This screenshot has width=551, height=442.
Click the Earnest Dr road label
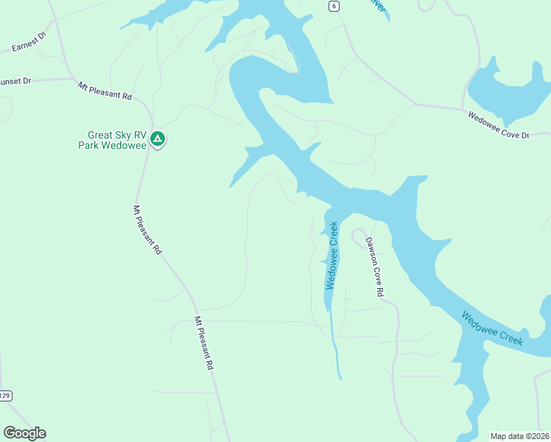click(x=29, y=42)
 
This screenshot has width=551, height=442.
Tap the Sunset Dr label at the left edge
click(x=15, y=80)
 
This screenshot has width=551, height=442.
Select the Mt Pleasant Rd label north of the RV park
click(x=105, y=91)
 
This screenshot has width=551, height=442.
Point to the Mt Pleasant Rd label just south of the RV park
click(x=147, y=230)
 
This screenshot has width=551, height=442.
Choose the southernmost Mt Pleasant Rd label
click(x=203, y=343)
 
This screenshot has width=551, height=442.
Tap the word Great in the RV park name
click(x=101, y=135)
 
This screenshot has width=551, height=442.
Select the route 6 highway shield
click(x=334, y=6)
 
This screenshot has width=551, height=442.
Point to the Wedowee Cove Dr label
click(x=499, y=124)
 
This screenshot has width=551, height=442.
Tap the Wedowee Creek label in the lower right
click(x=492, y=329)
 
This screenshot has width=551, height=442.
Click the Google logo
click(x=24, y=433)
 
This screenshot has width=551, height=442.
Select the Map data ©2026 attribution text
click(x=519, y=435)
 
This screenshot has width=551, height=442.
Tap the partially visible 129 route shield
click(x=5, y=396)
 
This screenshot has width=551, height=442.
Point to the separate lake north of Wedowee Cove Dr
click(x=508, y=88)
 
